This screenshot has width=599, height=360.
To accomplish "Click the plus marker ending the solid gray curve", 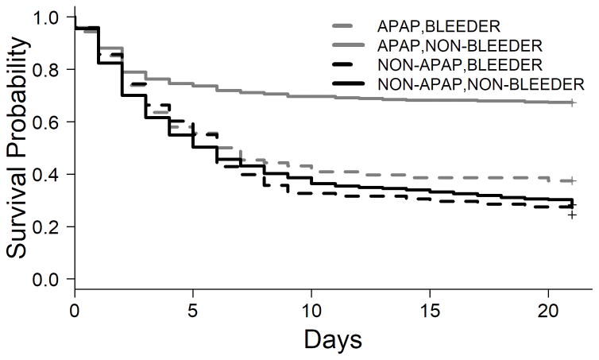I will click(x=572, y=103).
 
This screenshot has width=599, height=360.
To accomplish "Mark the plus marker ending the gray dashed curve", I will click(x=572, y=180).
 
